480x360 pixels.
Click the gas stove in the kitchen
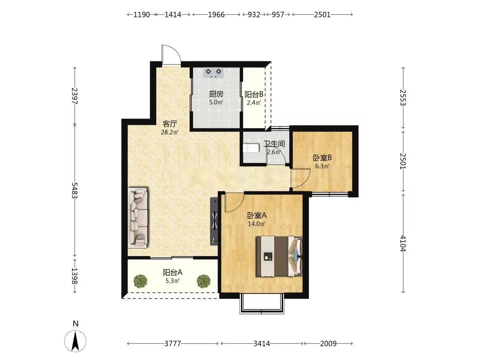tap(213, 73)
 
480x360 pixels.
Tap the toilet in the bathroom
tap(251, 148)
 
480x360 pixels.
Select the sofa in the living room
tap(138, 217)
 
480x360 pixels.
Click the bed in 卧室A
tap(279, 256)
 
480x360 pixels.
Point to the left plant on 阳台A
tap(140, 281)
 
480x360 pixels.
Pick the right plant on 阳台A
tap(204, 281)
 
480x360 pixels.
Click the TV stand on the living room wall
tap(214, 221)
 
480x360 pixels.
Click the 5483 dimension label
tap(75, 190)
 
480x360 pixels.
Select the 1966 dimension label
tap(216, 15)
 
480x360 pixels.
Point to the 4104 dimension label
tap(403, 243)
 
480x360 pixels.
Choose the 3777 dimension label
tap(173, 344)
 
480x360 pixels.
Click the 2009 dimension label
tap(328, 344)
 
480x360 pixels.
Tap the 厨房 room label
tap(216, 94)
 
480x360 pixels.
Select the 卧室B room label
tap(322, 158)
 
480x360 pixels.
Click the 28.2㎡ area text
tap(170, 132)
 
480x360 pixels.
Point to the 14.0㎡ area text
tap(257, 224)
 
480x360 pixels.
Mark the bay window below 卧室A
tap(262, 304)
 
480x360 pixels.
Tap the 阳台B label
tap(254, 94)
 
